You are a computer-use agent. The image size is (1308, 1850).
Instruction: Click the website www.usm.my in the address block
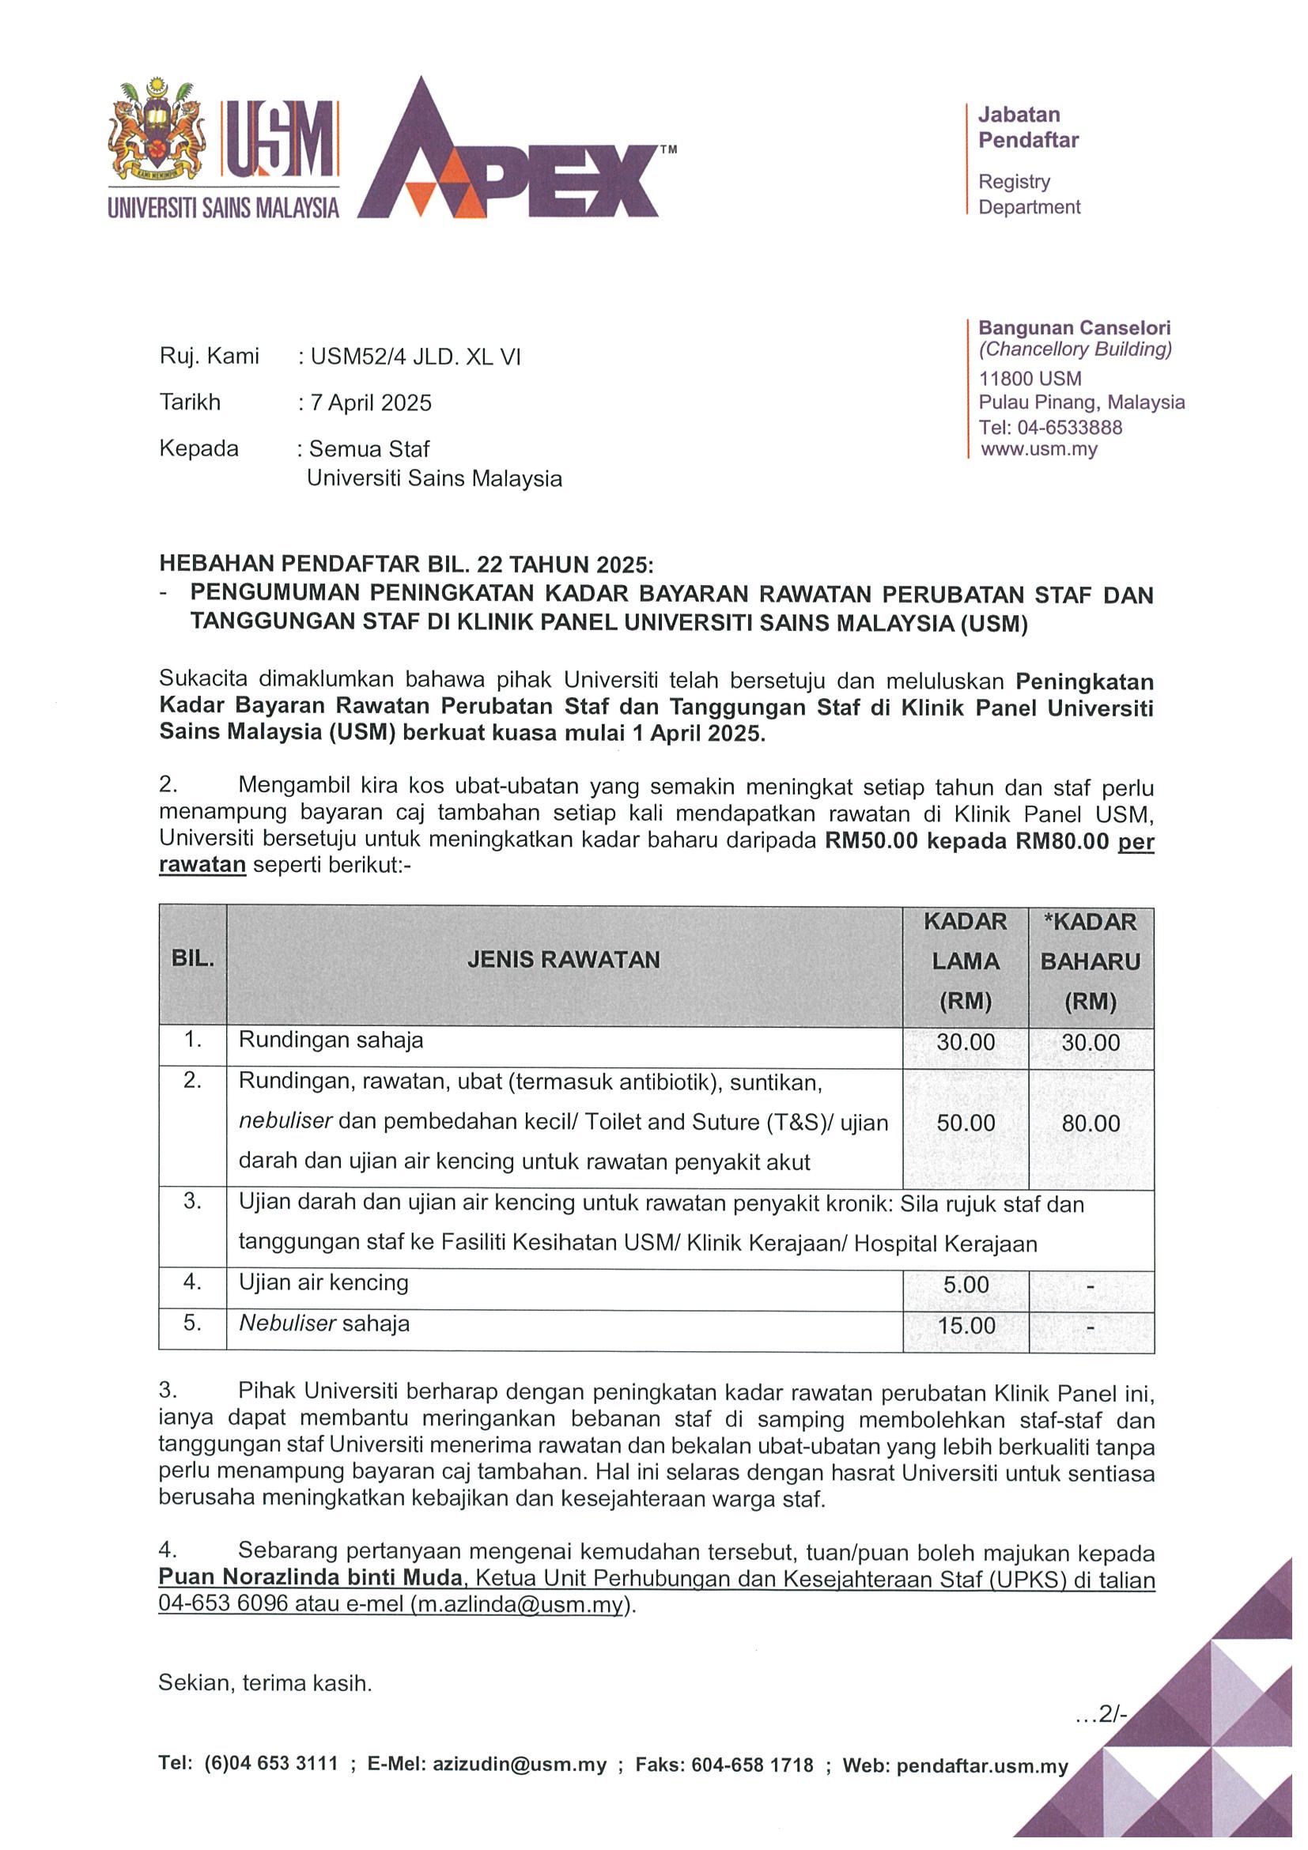1039,450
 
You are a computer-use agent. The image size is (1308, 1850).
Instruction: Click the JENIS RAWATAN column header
563,960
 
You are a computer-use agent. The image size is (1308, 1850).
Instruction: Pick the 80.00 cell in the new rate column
1091,1123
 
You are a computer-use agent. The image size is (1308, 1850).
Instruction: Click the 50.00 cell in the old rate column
966,1123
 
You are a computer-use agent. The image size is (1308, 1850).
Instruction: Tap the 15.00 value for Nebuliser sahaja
966,1326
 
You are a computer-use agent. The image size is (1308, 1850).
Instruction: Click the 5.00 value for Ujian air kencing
966,1285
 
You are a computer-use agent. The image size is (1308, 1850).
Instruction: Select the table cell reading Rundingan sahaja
331,1040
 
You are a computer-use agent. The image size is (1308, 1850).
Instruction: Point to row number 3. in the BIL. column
192,1202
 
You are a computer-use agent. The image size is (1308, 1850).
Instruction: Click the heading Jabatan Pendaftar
1027,127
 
